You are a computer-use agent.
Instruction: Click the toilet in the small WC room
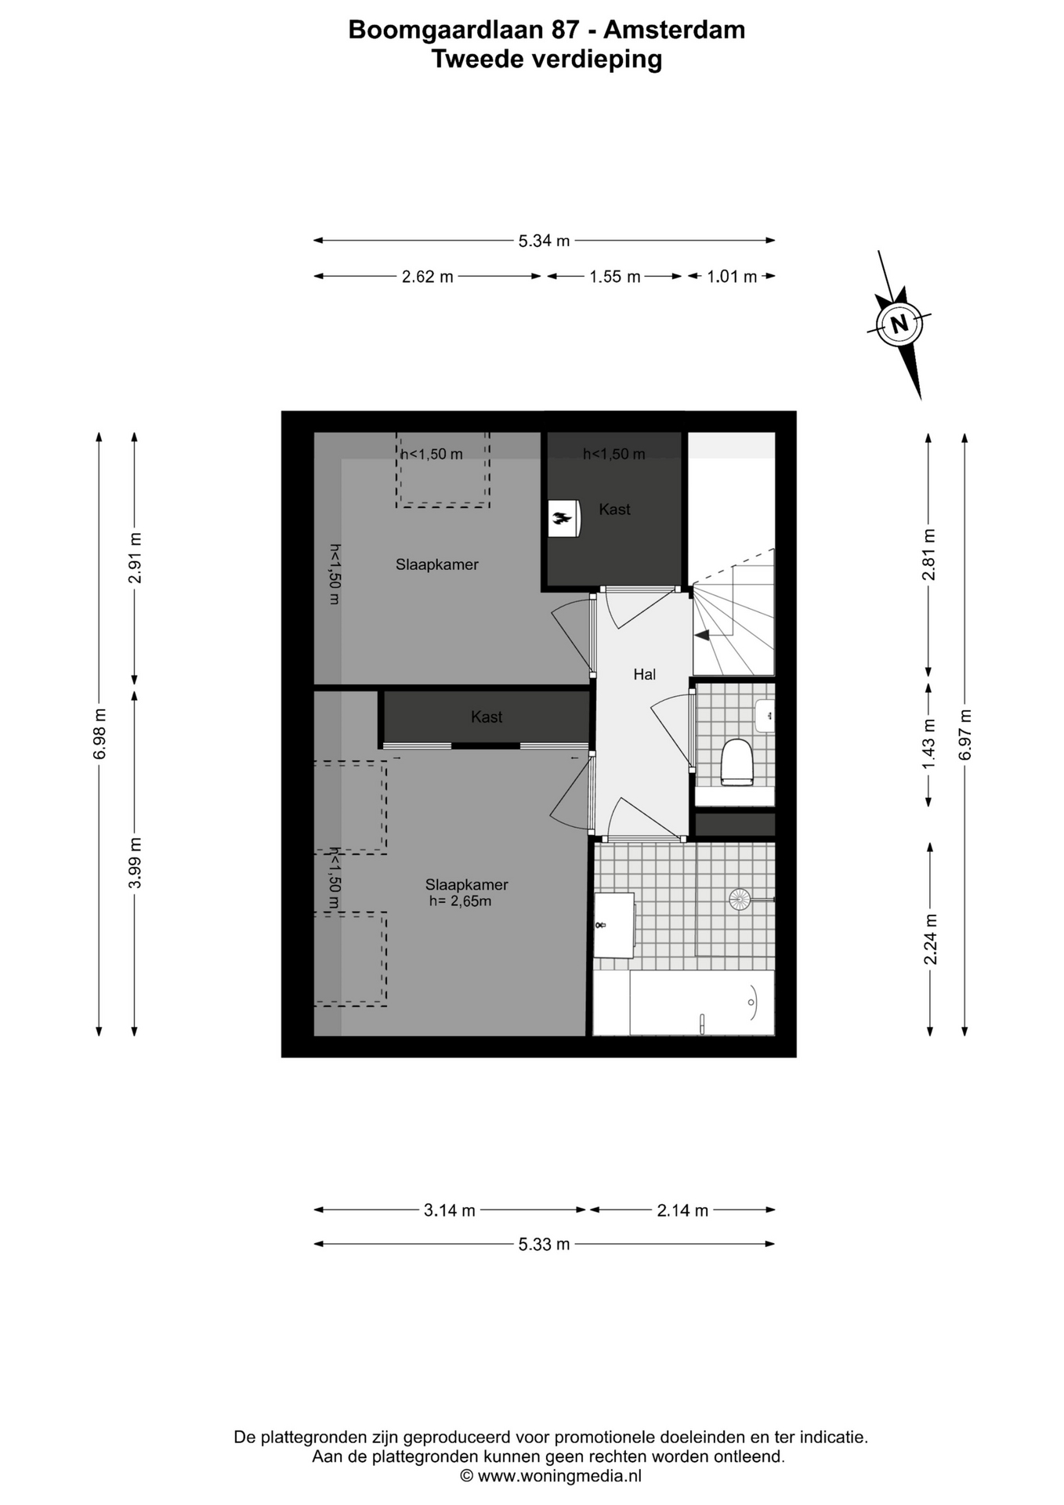tap(736, 762)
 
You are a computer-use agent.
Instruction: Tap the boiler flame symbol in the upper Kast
tap(562, 517)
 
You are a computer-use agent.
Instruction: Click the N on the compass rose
tap(899, 324)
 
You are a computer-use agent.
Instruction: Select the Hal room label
tap(644, 674)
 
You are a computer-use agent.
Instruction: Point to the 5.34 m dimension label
tap(544, 241)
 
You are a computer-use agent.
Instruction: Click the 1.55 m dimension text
tap(615, 277)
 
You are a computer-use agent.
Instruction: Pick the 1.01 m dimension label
tap(732, 277)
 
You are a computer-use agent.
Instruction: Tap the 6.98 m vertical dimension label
tap(100, 734)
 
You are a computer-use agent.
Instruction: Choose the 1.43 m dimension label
tap(929, 743)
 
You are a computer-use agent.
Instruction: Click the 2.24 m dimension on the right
tap(930, 939)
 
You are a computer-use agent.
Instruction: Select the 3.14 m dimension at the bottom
tap(450, 1210)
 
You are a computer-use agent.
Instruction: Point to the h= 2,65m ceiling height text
tap(460, 901)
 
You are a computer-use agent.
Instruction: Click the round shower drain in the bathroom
tap(740, 899)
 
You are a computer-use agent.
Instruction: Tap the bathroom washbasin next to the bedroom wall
tap(613, 925)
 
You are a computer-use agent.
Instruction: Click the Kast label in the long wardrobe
tap(487, 717)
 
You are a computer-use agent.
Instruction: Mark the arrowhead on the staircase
tap(703, 635)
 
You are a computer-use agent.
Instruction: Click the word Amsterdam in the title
tap(674, 30)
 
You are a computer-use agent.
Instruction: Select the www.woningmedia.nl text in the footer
tap(559, 1476)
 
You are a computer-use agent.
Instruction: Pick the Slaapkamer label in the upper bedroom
tap(436, 564)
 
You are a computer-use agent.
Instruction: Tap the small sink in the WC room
tap(765, 716)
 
